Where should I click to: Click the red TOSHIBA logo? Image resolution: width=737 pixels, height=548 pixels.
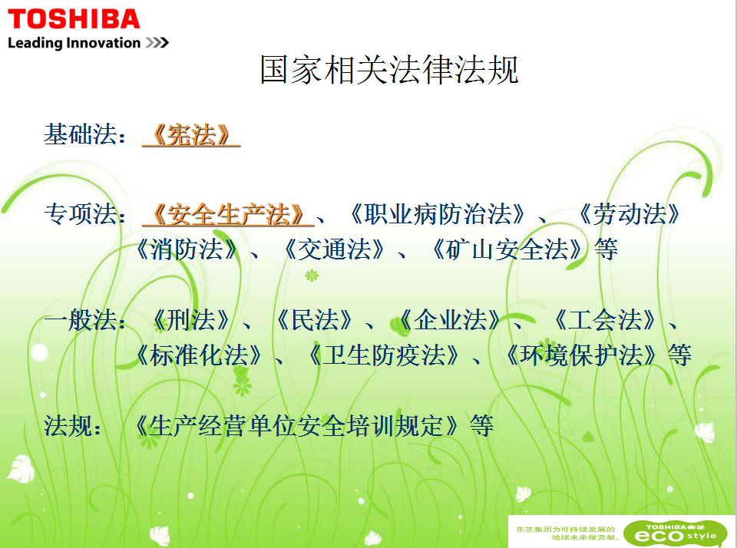74,19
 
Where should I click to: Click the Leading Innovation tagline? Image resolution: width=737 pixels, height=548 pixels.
74,43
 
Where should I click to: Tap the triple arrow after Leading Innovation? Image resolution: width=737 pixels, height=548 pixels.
157,43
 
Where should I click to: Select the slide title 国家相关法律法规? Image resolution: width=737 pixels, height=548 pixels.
389,70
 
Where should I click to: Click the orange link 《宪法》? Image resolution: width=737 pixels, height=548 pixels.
191,135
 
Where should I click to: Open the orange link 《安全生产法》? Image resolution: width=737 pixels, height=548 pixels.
229,214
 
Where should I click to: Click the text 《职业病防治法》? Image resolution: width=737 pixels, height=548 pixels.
438,214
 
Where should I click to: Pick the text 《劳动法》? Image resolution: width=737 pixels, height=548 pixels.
629,214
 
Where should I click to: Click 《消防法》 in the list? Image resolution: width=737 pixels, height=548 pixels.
187,249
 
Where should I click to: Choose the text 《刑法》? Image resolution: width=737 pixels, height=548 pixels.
191,320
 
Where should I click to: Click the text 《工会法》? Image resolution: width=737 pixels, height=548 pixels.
604,320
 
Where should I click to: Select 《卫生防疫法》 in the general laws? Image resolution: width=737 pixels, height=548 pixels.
384,355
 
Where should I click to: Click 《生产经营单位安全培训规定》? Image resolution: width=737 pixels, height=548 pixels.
296,426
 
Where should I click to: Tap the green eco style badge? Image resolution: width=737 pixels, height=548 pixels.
676,533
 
